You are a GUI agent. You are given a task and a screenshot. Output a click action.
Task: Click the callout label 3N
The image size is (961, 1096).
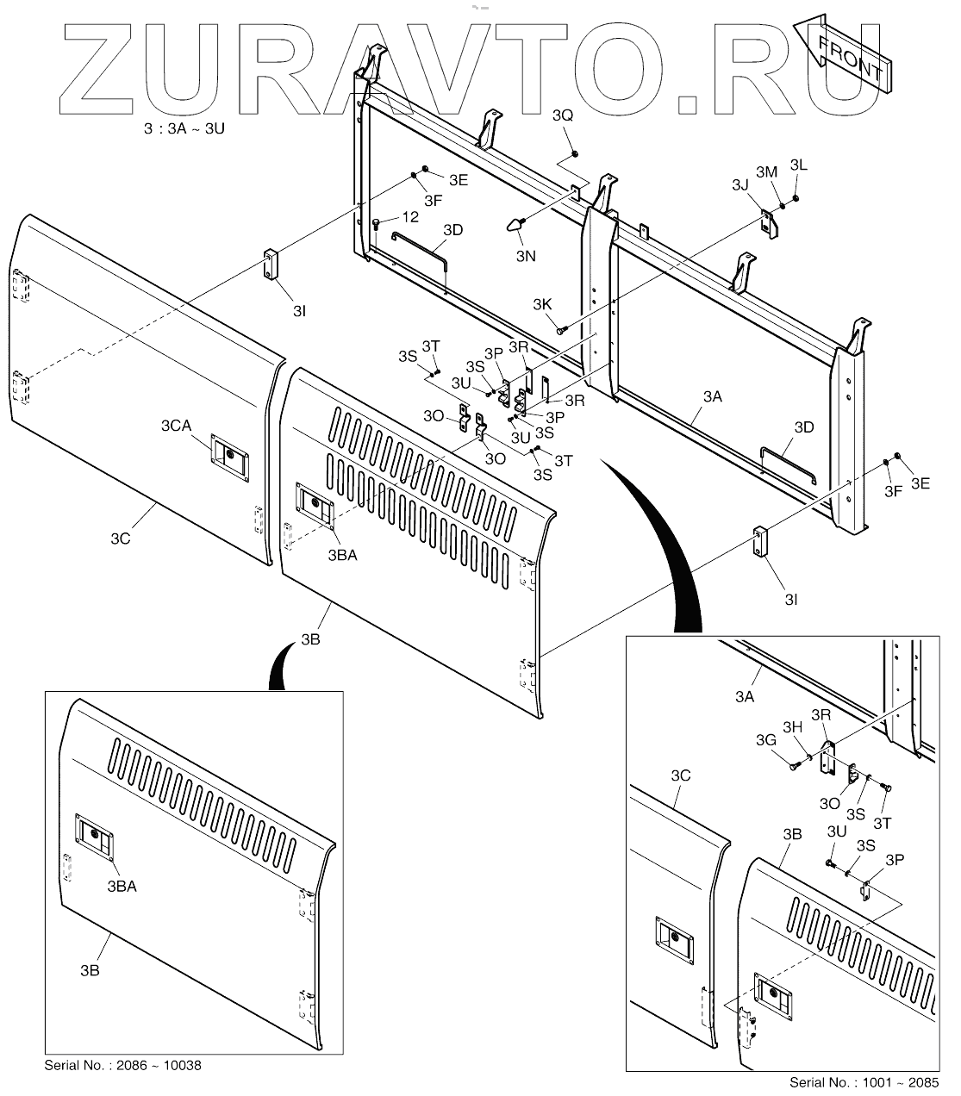[526, 256]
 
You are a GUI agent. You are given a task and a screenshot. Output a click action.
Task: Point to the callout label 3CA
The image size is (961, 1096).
[176, 426]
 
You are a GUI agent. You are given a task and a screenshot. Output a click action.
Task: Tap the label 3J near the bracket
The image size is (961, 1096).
[740, 185]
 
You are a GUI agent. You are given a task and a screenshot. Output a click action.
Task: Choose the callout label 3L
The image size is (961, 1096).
[799, 165]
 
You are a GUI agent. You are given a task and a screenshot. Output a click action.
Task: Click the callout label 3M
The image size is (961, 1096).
[767, 172]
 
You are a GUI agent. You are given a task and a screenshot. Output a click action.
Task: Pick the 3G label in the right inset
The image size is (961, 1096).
[765, 740]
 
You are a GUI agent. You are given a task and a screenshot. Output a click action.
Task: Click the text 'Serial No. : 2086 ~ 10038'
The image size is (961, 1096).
[122, 1065]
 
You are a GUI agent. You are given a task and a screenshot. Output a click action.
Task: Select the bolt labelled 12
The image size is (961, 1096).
[378, 224]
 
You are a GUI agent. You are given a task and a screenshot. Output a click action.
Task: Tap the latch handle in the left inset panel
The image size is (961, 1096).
[94, 834]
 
